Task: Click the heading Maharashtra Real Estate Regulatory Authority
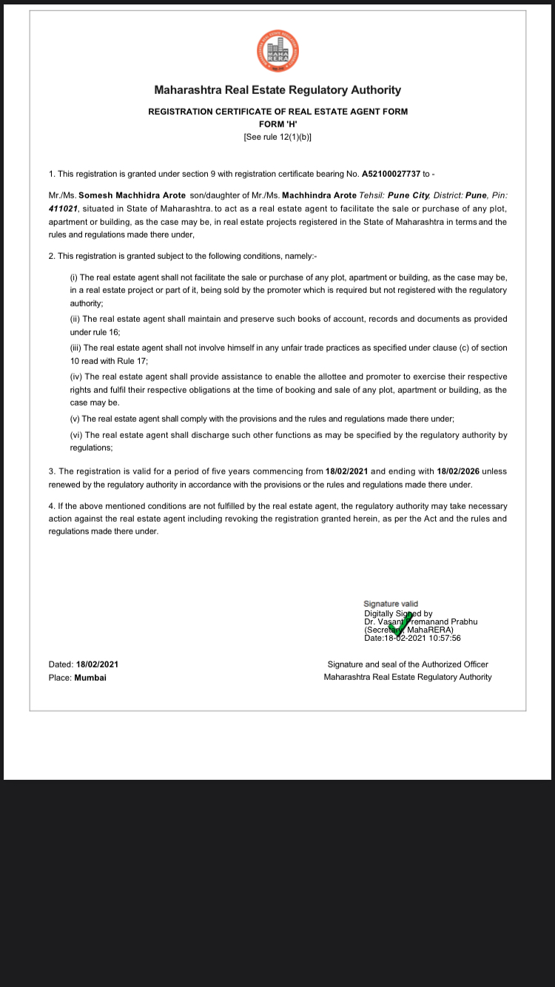tap(277, 90)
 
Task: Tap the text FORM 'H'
tap(277, 124)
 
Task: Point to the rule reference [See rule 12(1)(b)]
tap(277, 137)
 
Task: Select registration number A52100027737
tap(391, 174)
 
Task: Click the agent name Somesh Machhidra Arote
tap(132, 195)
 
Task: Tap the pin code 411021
tap(63, 208)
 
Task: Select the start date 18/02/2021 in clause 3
tap(346, 471)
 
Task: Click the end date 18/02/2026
tap(458, 471)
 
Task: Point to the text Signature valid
tap(391, 604)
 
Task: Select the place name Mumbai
tap(90, 677)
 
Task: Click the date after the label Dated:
tap(97, 664)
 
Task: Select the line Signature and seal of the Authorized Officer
tap(408, 664)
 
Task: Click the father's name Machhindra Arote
tap(320, 195)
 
